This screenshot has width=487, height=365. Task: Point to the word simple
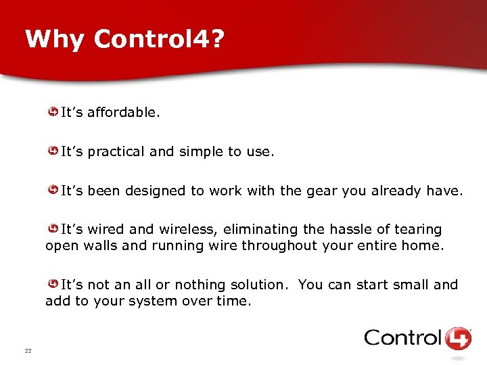click(201, 151)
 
